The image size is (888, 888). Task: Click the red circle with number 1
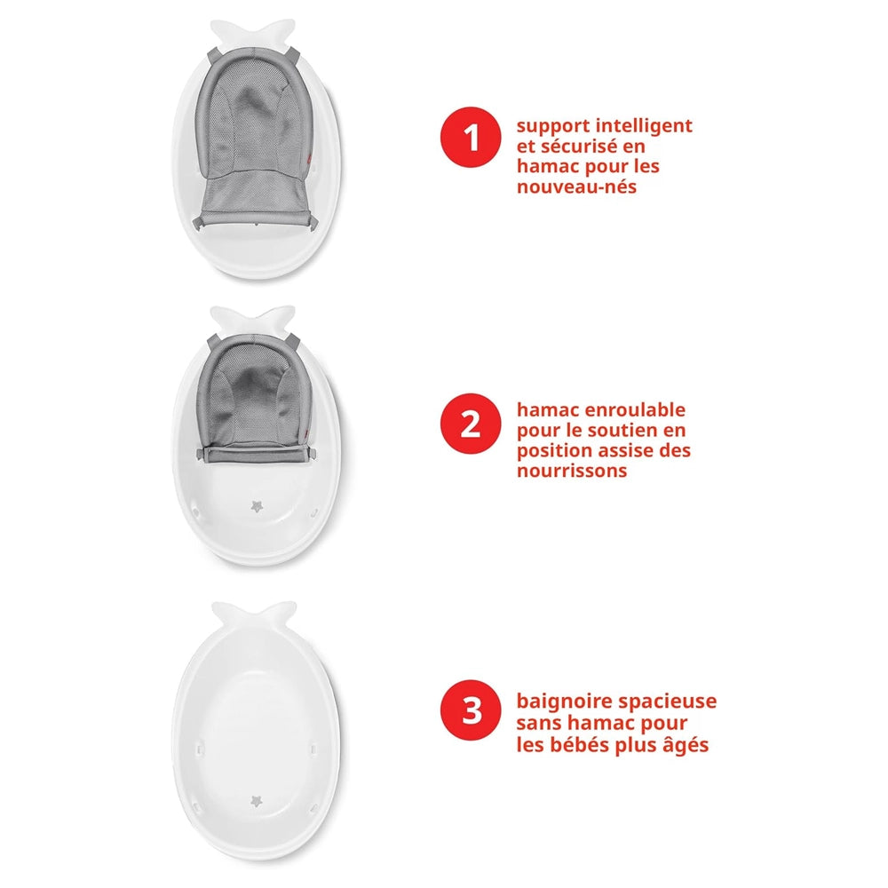coord(471,139)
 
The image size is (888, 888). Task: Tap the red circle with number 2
coord(471,424)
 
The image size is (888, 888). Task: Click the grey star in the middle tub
coord(258,506)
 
